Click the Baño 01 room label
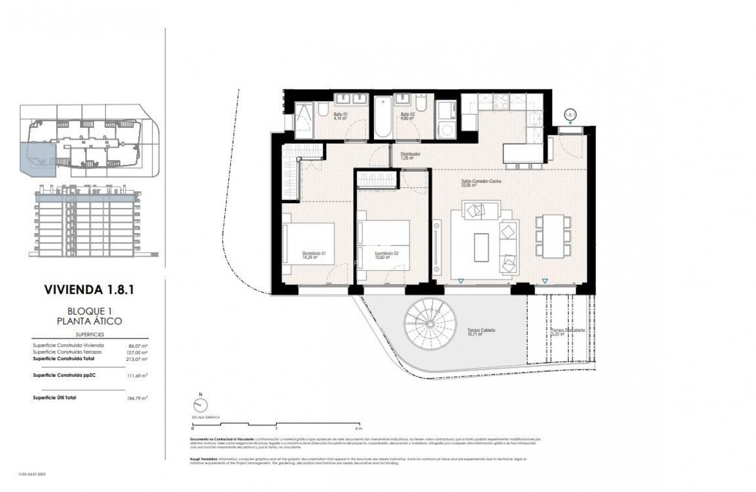point(341,116)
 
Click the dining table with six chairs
point(552,236)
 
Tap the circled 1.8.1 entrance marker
point(570,115)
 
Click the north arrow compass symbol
point(200,404)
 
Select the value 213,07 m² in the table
point(137,359)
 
